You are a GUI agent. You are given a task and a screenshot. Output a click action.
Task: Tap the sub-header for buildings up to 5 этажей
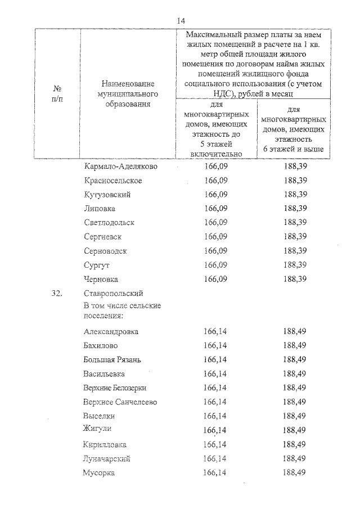coord(216,129)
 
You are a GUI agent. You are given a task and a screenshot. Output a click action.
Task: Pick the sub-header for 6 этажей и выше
coord(292,130)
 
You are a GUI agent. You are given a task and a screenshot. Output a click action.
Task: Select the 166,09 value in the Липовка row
coord(216,209)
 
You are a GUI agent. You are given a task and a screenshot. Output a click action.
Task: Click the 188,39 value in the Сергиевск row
coord(295,237)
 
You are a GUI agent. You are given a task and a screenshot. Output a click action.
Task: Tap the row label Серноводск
coord(106,251)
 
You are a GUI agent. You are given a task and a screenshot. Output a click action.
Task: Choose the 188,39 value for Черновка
coord(295,278)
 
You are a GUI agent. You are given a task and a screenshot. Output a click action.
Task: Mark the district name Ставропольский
coord(114,293)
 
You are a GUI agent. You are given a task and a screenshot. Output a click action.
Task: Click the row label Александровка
coord(111,332)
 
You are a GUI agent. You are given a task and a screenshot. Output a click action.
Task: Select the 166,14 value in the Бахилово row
coord(216,345)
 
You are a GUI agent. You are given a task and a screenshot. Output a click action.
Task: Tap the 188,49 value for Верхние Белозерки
coord(295,388)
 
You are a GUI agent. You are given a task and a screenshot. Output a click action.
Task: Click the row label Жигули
coord(97,429)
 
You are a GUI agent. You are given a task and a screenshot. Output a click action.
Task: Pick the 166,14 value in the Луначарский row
coord(216,458)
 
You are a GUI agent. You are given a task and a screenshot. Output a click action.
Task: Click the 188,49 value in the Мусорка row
coord(295,472)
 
